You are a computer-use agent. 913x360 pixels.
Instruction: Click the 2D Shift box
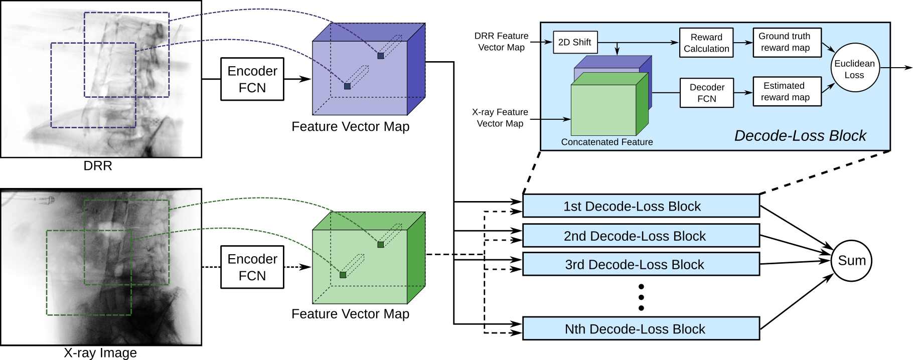coord(575,42)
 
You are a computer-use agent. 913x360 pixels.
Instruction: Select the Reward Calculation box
coord(706,43)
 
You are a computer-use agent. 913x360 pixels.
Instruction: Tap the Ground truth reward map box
coord(787,43)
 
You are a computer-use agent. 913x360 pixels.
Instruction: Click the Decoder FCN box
coord(707,93)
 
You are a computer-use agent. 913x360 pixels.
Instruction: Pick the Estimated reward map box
coord(787,91)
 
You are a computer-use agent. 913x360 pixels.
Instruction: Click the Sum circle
coord(852,261)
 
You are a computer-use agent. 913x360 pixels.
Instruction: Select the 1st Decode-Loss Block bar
coord(641,206)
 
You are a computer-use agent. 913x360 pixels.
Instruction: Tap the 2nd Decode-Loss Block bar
coord(641,236)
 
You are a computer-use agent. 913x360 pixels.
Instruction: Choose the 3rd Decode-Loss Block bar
coord(641,264)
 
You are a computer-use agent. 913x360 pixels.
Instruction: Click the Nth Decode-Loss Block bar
coord(641,328)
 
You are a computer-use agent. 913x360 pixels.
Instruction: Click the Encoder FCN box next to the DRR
coord(252,79)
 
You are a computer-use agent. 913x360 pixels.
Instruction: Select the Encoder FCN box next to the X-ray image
coord(252,267)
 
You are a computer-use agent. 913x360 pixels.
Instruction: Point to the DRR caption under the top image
coord(98,166)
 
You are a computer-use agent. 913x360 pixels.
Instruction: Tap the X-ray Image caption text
coord(100,353)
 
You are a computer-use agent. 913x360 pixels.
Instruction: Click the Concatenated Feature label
coord(607,142)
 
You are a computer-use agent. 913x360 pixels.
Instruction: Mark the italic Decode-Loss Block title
coord(800,135)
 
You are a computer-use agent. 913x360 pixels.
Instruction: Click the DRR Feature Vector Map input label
coord(501,42)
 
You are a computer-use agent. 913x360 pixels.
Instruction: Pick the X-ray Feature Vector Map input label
coord(500,118)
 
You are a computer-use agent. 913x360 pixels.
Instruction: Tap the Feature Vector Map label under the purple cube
coord(350,126)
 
